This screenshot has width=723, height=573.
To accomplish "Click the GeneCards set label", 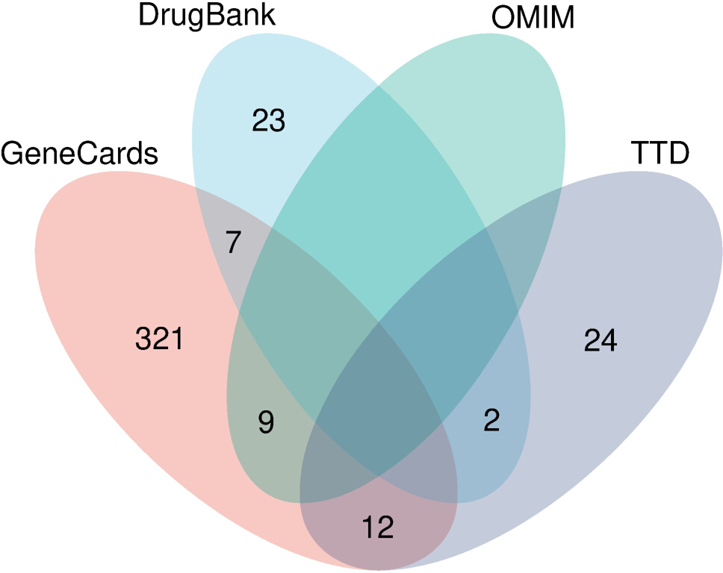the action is coord(79,154).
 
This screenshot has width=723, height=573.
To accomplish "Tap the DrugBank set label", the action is coord(207,16).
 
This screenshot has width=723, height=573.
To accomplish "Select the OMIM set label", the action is coord(533,18).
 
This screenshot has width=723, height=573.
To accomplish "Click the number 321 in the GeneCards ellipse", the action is coord(160,339).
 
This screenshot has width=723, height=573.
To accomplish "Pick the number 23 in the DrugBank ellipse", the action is coord(268,121).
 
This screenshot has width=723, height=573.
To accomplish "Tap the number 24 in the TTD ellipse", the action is coord(601,340).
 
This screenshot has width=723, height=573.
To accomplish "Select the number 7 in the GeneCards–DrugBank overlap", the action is coord(234,242).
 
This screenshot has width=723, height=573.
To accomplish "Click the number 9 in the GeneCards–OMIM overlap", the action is coord(267,422).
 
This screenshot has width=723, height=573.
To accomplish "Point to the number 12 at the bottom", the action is coord(378,527).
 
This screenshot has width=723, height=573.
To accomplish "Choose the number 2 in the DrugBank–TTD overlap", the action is coord(491,419).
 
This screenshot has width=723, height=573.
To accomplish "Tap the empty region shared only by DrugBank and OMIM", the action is coord(378,184).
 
